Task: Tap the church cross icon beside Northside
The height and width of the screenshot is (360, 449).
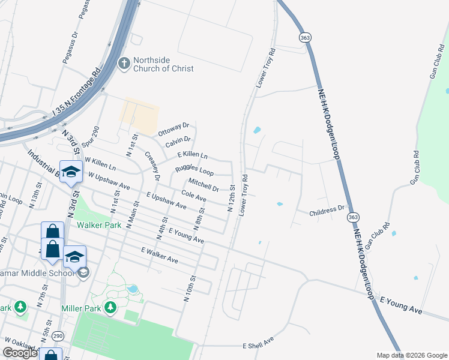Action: (124, 63)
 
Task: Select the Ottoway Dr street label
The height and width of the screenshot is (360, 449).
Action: (173, 128)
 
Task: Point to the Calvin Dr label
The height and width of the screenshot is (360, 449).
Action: (178, 142)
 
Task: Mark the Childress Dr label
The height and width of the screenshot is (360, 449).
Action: (327, 211)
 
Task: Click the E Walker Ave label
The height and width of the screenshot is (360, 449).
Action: (160, 255)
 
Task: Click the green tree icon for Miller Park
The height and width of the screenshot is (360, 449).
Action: (110, 308)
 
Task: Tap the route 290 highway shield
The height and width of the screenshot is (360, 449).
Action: (58, 336)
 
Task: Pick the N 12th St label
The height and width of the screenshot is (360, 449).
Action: (231, 198)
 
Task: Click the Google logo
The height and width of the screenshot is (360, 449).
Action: (20, 353)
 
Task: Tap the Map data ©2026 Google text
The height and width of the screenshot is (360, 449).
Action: (411, 355)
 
